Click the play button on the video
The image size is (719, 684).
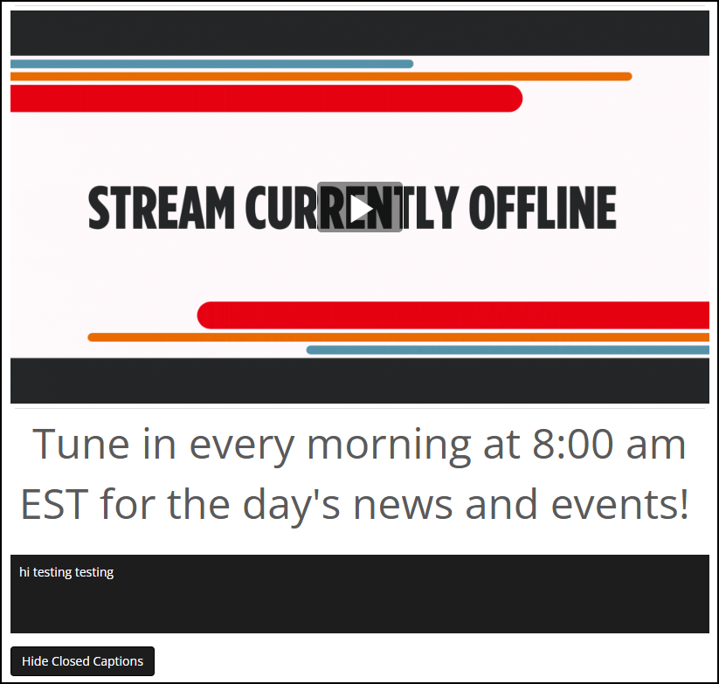tap(360, 207)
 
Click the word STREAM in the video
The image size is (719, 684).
tap(162, 208)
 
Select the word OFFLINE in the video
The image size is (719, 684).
tap(543, 208)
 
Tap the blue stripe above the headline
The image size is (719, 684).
tap(211, 64)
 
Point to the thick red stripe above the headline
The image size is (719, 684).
tap(266, 98)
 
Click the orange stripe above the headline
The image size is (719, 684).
tap(321, 77)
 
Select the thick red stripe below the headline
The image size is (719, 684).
tap(453, 315)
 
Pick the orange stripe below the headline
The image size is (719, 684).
tap(398, 337)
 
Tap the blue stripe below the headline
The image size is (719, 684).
tap(508, 350)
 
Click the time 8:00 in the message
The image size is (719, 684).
tap(573, 444)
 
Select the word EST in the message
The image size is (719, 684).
tap(54, 504)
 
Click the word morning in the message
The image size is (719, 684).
tap(389, 446)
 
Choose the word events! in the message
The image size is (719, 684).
tap(620, 504)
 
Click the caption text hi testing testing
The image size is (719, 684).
tap(66, 572)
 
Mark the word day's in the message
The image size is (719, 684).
tap(292, 506)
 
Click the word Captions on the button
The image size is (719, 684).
tap(118, 661)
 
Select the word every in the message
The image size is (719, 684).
tap(242, 448)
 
